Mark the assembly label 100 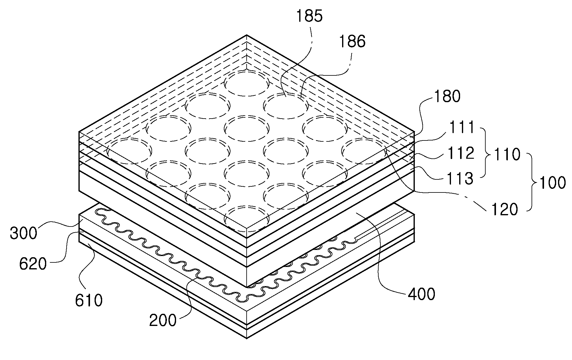(552, 183)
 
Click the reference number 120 (504, 209)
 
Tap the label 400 (421, 294)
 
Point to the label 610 (89, 300)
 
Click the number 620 (33, 264)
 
